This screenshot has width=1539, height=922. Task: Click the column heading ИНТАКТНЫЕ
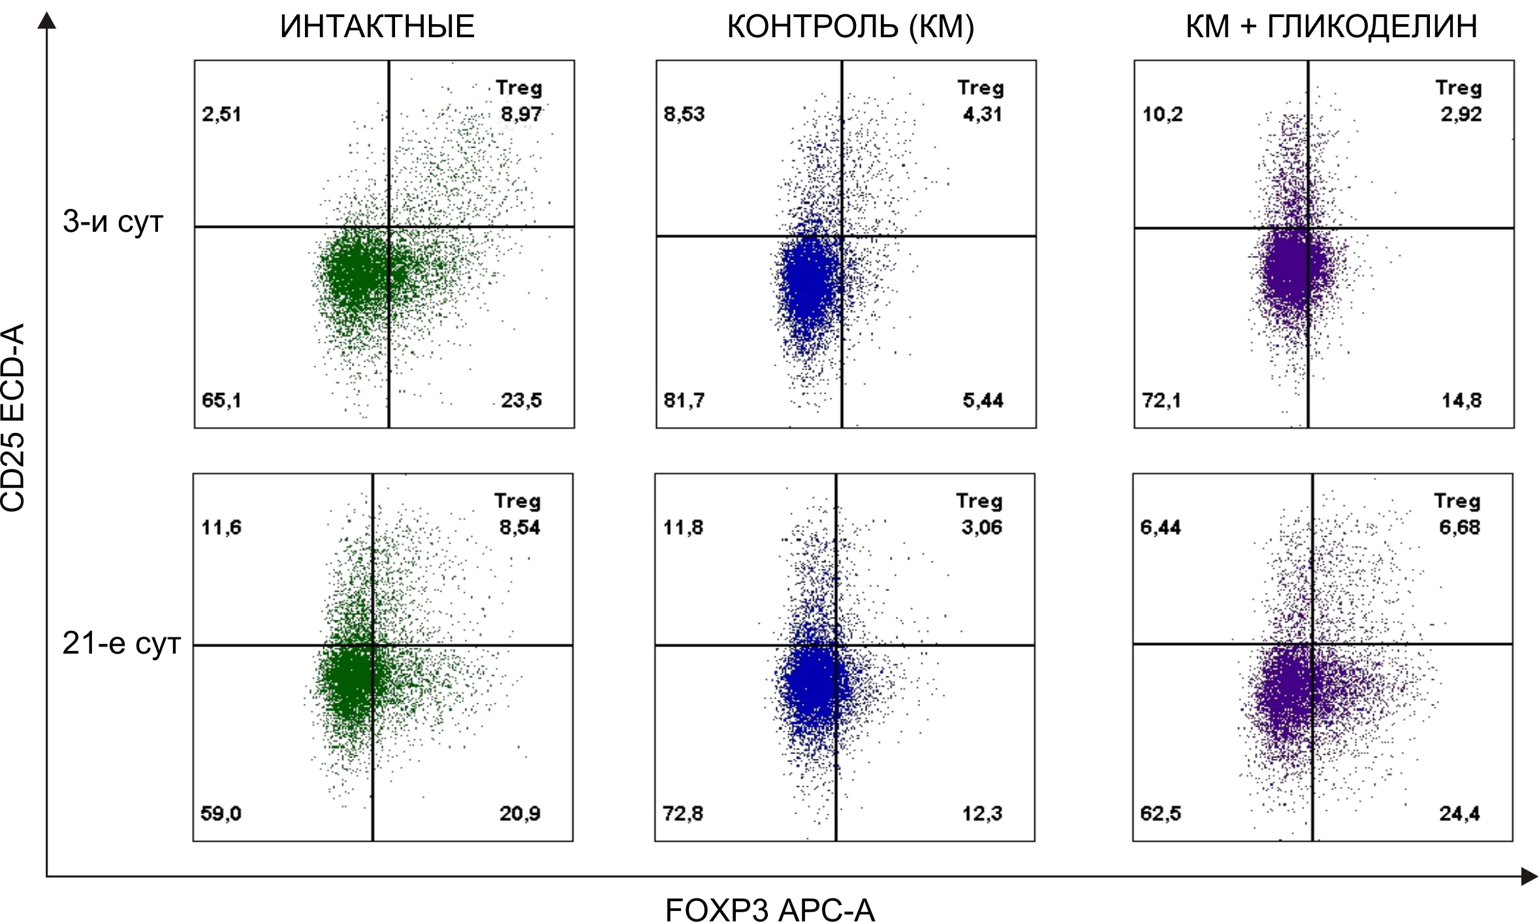[x=377, y=27]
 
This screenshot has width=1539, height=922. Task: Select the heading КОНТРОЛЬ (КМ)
[x=850, y=27]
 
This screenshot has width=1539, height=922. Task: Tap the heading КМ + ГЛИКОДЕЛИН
[x=1331, y=27]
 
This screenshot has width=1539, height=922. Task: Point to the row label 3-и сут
[x=112, y=222]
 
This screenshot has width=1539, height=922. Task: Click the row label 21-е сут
[x=121, y=644]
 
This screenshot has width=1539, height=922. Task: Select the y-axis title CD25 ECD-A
[x=13, y=418]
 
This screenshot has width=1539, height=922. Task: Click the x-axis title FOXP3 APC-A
[x=770, y=909]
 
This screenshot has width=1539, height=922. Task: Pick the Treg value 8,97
[x=521, y=114]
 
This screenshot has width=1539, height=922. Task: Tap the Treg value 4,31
[x=982, y=114]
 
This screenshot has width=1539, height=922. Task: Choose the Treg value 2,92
[x=1461, y=114]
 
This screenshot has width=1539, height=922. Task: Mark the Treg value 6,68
[x=1459, y=527]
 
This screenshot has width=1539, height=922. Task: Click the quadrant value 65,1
[x=221, y=400]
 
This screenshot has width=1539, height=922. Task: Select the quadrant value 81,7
[x=684, y=400]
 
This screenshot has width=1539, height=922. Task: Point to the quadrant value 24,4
[x=1459, y=814]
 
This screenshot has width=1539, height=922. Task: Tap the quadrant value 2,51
[x=221, y=114]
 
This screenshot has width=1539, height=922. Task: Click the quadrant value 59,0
[x=221, y=814]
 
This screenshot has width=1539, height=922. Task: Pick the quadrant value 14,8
[x=1461, y=400]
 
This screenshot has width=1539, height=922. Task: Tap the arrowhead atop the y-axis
[x=46, y=21]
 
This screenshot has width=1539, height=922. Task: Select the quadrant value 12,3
[x=982, y=814]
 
